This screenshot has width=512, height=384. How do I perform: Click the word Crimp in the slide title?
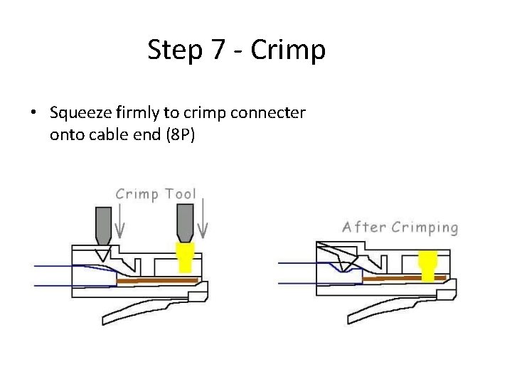click(288, 50)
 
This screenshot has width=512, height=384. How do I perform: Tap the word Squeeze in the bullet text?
click(80, 113)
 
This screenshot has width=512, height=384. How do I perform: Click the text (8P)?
click(178, 134)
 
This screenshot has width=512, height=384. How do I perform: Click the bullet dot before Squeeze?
click(33, 114)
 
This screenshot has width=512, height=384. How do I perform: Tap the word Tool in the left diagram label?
click(180, 194)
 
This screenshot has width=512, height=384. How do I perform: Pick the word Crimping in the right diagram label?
click(422, 228)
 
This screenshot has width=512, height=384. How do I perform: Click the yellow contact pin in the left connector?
click(184, 257)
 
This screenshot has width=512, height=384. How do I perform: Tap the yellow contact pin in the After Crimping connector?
click(428, 265)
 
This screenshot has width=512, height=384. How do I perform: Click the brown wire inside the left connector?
click(156, 281)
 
